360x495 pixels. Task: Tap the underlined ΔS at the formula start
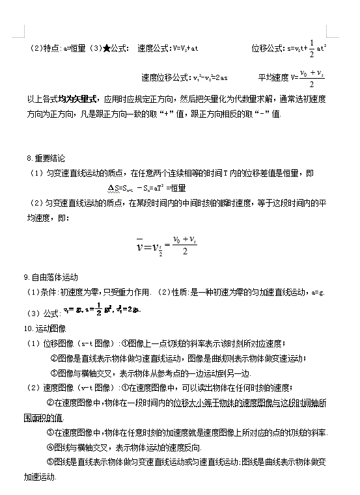point(113,188)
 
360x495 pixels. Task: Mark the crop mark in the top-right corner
point(332,34)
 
